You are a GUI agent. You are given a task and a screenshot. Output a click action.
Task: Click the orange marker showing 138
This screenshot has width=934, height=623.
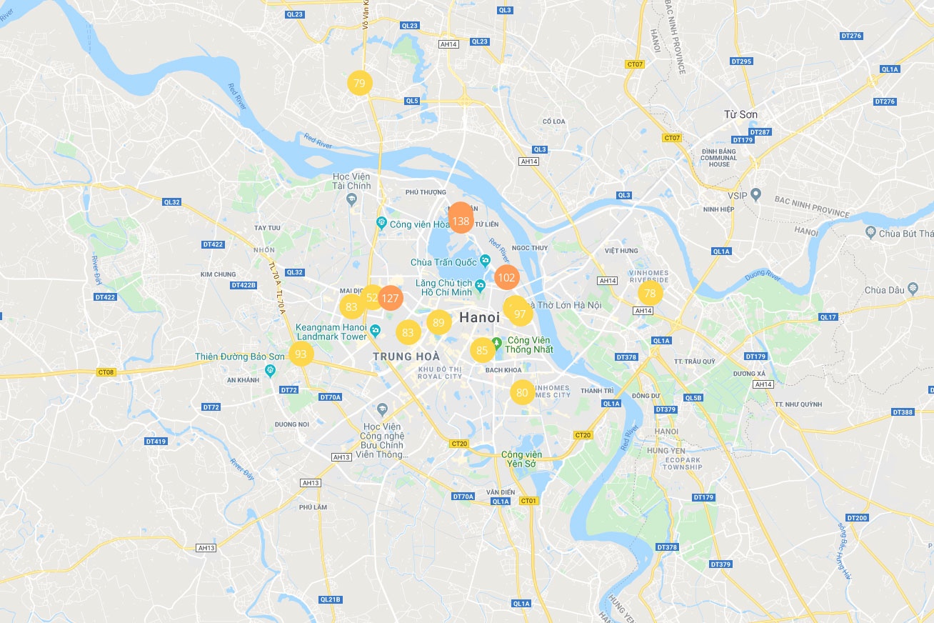(x=461, y=221)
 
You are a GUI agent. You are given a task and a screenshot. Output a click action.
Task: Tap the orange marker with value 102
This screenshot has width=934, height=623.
(x=506, y=278)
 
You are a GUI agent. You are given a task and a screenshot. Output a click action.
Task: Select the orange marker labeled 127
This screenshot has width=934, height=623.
(x=390, y=298)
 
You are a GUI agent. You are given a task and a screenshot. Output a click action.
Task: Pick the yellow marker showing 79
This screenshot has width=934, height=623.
(x=359, y=84)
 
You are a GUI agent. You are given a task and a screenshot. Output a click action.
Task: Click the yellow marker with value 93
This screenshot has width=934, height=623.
(x=301, y=354)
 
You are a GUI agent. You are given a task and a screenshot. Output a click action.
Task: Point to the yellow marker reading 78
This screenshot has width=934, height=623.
(x=650, y=293)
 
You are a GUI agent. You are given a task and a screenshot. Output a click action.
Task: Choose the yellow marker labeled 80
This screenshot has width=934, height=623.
(x=522, y=392)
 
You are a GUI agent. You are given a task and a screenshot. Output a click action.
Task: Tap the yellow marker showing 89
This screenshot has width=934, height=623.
(x=438, y=323)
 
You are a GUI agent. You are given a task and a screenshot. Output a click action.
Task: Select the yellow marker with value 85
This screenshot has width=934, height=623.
(x=482, y=350)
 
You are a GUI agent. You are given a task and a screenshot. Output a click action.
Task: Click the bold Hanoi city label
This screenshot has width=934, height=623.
(x=480, y=317)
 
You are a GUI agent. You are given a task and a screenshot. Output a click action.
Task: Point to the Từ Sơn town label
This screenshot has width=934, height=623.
(x=740, y=114)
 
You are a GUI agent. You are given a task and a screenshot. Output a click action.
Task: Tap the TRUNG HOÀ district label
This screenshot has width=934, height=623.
(x=402, y=357)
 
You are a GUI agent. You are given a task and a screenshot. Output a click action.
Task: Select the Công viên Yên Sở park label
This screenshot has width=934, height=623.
(x=521, y=459)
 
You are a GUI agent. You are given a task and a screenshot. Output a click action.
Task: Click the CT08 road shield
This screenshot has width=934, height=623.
(x=106, y=372)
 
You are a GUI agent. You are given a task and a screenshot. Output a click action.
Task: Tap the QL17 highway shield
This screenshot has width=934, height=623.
(x=828, y=317)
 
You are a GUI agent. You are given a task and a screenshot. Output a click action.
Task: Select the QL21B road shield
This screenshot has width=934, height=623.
(x=331, y=599)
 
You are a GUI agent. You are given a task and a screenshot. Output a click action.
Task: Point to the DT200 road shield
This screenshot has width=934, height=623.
(x=856, y=518)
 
